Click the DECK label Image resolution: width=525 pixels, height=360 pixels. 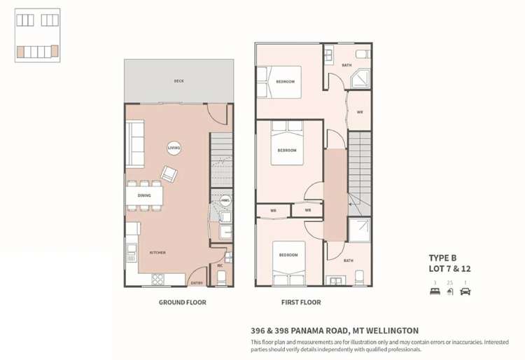click(x=179, y=81)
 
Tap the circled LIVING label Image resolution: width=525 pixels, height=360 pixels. click(x=174, y=148)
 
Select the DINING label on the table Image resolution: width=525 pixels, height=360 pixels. click(x=144, y=196)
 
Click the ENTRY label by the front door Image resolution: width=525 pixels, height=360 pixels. click(x=197, y=283)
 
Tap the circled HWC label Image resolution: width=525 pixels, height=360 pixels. click(x=225, y=200)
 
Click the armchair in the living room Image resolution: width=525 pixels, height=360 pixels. click(x=169, y=172)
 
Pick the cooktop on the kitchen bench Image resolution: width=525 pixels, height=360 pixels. click(x=158, y=279)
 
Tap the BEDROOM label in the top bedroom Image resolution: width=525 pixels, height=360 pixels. click(x=286, y=82)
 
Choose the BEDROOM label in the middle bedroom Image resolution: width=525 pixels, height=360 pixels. click(x=287, y=150)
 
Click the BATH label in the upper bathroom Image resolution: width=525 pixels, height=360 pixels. click(x=347, y=65)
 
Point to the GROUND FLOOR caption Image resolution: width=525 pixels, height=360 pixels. click(x=182, y=303)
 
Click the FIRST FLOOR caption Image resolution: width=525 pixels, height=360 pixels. click(x=300, y=303)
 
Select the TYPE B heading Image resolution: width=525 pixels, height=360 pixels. click(x=442, y=258)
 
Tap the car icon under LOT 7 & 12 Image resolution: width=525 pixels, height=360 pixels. click(x=465, y=292)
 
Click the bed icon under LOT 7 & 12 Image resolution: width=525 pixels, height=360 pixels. click(x=435, y=292)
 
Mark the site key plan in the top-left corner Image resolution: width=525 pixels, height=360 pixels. click(x=37, y=35)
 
